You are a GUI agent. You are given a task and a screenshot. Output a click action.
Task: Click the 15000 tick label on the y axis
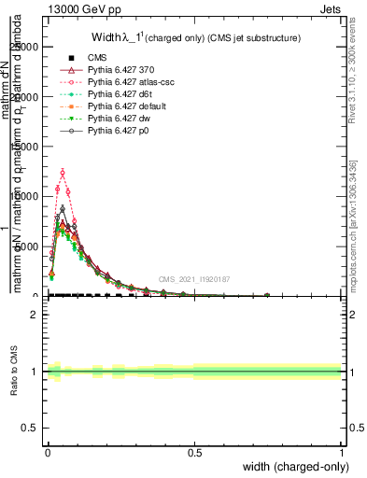[25, 147]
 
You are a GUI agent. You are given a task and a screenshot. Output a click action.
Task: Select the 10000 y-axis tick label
[25, 197]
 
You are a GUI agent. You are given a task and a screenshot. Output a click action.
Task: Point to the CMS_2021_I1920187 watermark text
[193, 279]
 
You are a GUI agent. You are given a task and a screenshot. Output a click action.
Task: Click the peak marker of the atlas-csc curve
[63, 172]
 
